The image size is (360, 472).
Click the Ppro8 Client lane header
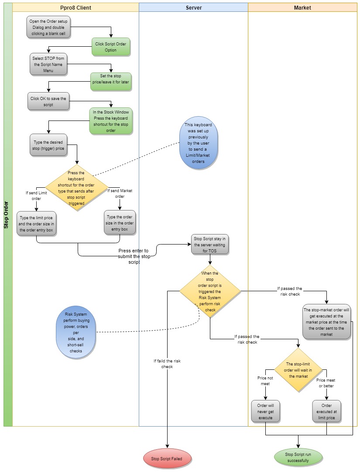[75, 7]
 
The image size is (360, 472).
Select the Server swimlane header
[193, 7]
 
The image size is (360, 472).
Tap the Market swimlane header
[302, 7]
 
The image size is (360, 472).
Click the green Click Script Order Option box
[111, 47]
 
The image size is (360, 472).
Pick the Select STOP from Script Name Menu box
[48, 64]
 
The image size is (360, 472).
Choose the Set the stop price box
[111, 82]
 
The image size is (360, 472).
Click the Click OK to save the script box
[48, 101]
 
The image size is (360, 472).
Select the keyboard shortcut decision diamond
[76, 188]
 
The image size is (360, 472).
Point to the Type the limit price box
[36, 223]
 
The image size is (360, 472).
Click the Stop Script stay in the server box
[210, 245]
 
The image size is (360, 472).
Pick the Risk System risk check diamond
[210, 291]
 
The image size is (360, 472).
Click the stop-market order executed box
[326, 322]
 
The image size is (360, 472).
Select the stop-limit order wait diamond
[298, 370]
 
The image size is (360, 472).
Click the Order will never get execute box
[265, 412]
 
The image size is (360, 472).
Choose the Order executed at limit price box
[326, 412]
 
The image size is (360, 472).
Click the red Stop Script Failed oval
[167, 459]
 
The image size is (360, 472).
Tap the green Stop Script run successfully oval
[298, 457]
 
